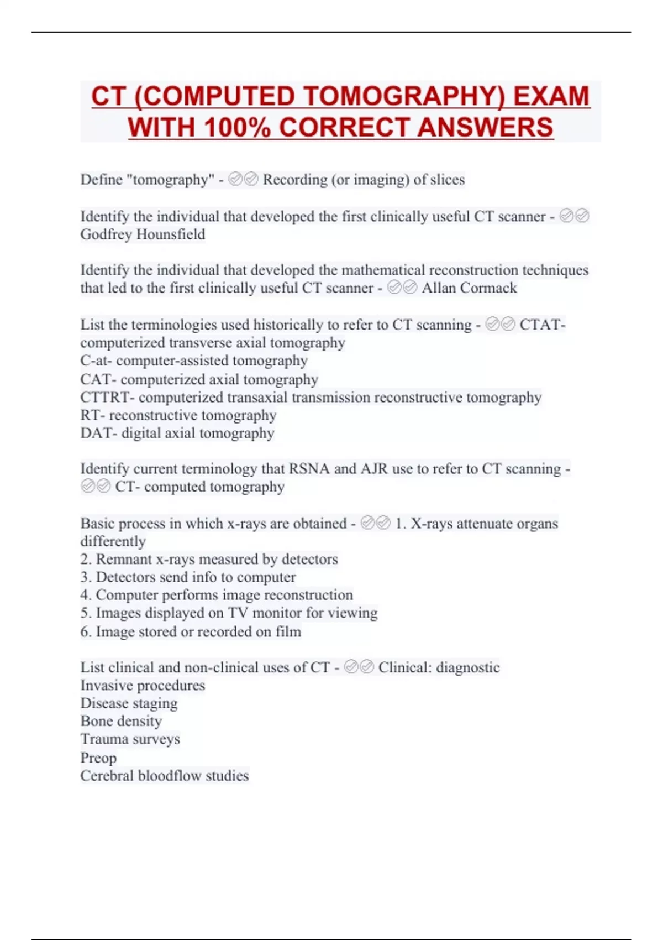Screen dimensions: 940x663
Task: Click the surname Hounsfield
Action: click(x=170, y=234)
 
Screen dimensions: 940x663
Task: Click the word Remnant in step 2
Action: click(x=124, y=559)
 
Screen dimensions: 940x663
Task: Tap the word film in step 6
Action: click(x=288, y=631)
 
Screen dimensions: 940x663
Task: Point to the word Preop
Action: click(x=98, y=758)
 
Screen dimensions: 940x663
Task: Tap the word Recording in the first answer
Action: click(x=295, y=180)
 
